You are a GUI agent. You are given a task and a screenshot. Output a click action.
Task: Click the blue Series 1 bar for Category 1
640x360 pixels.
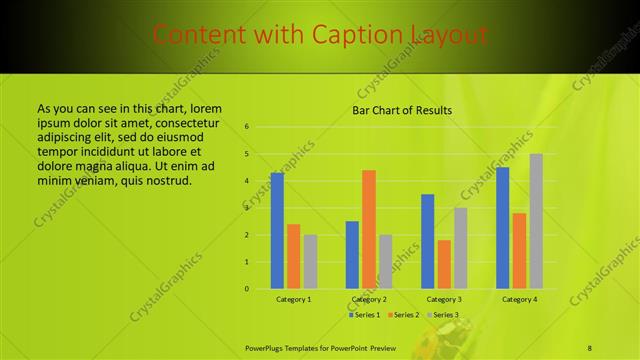tap(277, 231)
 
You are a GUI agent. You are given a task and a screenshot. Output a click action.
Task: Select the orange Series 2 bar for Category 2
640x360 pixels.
tap(369, 229)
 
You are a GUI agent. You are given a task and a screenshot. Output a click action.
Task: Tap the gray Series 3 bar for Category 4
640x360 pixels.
tap(536, 221)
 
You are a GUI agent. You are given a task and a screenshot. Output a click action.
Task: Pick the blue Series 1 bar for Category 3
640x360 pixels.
tap(428, 241)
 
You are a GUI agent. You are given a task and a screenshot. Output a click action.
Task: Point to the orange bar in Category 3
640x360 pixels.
tap(444, 264)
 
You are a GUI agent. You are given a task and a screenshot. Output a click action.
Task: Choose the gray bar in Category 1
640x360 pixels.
tap(310, 262)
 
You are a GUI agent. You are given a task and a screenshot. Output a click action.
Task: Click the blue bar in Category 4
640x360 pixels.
tap(503, 228)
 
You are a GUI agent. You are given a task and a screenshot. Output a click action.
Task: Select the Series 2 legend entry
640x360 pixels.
tap(403, 315)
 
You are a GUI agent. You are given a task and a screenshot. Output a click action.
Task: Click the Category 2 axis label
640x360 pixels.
tap(369, 299)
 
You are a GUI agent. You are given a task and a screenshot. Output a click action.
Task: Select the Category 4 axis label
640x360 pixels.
tap(519, 299)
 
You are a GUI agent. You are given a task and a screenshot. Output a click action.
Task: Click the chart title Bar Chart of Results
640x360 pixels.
tap(402, 110)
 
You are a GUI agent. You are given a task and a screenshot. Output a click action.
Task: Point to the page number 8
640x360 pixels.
tap(590, 346)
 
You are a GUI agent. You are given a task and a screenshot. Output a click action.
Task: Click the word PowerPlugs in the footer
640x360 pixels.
tap(268, 346)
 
